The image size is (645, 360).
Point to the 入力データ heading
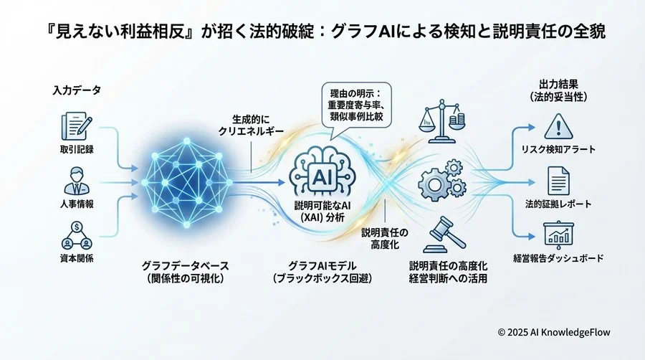[x=77, y=91]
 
